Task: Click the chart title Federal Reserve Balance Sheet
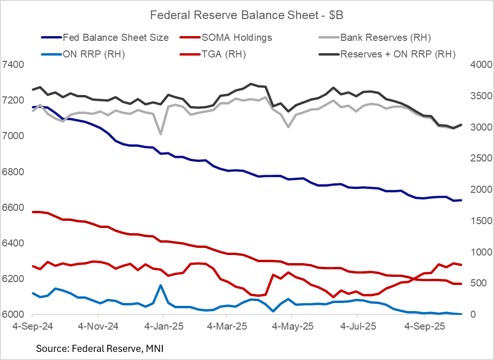[x=246, y=15]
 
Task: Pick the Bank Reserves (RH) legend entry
[x=385, y=37]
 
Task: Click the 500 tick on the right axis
[x=480, y=283]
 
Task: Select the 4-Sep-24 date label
[x=32, y=327]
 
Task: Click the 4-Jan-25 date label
[x=162, y=327]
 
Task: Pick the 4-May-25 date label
[x=291, y=327]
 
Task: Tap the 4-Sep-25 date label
[x=421, y=327]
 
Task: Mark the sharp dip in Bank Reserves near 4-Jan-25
[x=160, y=134]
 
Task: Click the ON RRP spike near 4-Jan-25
[x=160, y=285]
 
